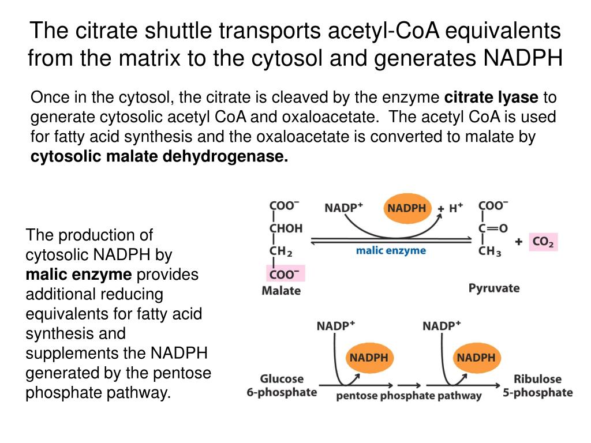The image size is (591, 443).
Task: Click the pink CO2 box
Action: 543,242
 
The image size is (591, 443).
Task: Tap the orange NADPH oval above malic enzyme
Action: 406,208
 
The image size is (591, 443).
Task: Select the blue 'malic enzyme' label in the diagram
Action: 391,250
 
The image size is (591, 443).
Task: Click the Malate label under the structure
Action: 281,290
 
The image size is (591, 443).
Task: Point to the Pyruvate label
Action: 493,288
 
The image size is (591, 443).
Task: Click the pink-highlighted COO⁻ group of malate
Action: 285,274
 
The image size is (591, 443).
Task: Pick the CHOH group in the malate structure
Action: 286,228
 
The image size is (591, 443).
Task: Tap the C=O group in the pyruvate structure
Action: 493,228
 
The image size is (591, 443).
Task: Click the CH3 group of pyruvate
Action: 489,251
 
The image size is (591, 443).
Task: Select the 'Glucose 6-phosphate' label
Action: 282,385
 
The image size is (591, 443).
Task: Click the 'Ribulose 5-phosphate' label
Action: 537,385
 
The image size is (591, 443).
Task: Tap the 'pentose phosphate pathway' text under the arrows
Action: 409,396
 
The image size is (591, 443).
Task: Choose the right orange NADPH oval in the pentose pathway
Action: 476,357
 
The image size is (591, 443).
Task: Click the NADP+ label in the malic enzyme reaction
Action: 343,208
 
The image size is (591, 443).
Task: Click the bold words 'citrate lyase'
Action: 491,97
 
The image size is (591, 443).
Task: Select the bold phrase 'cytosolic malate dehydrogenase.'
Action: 159,156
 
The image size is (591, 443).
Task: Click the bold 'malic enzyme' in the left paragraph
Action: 78,274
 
